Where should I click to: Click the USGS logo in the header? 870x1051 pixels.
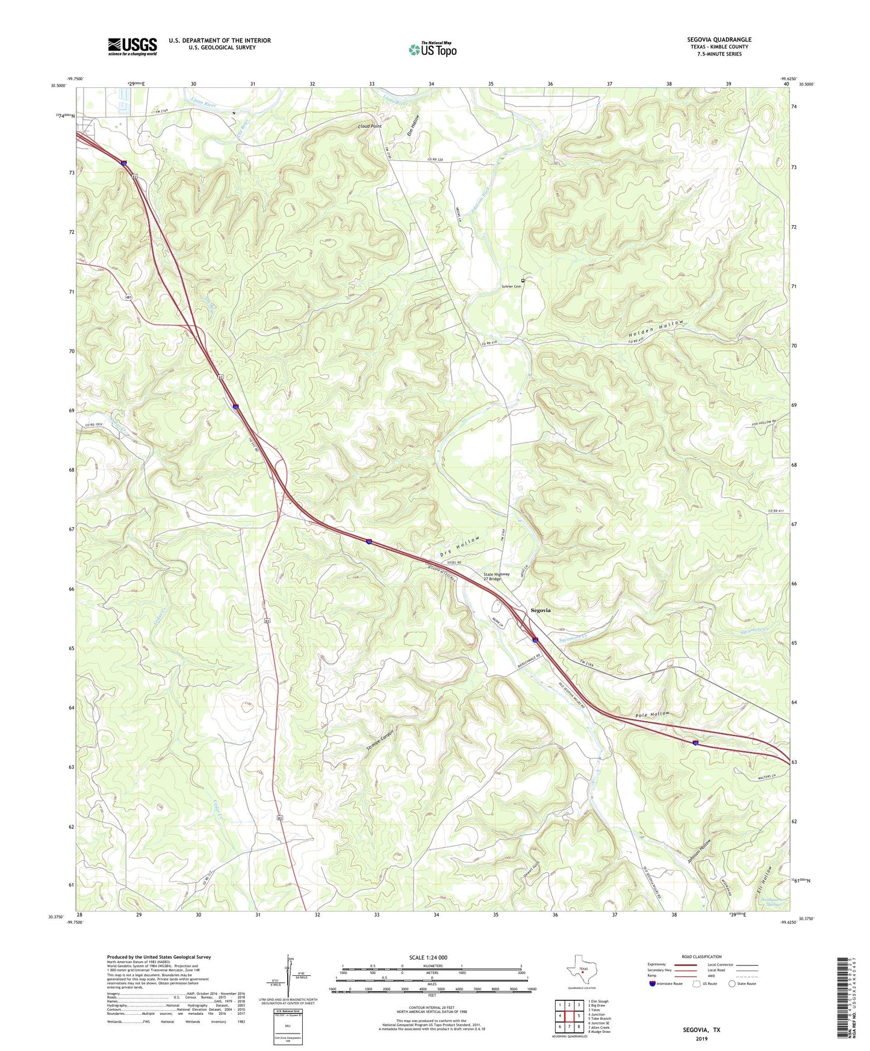coord(132,46)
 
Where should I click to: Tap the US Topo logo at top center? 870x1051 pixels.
coord(432,49)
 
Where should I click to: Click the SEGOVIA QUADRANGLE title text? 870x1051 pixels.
coord(719,40)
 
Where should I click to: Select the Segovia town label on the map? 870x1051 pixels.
coord(540,610)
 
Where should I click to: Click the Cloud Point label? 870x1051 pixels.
coord(370,126)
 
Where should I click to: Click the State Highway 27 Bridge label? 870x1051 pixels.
coord(497,576)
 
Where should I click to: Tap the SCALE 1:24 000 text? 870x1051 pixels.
coord(428,957)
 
